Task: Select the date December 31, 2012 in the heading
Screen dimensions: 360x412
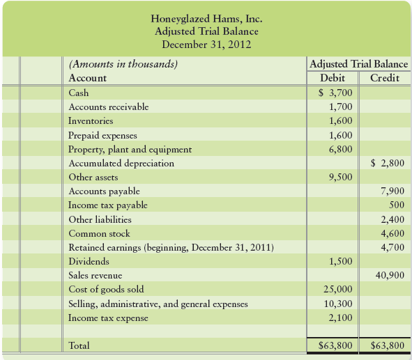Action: coord(206,45)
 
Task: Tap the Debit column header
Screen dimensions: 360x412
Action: coord(333,78)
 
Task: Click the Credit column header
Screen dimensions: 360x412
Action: coord(384,78)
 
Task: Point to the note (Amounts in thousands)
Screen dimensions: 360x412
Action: coord(123,64)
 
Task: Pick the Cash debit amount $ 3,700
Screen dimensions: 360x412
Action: coord(335,93)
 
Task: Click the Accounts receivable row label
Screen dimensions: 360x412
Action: coord(108,107)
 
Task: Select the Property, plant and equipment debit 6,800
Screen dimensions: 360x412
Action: coord(339,149)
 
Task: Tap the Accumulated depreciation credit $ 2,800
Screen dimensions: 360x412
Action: coord(388,163)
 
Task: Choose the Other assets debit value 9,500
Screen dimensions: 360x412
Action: coord(339,177)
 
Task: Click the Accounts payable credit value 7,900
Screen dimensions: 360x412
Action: coord(392,191)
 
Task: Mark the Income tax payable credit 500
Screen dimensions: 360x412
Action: coord(397,205)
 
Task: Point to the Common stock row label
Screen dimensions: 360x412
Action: coord(99,233)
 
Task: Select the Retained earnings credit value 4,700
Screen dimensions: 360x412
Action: coord(392,247)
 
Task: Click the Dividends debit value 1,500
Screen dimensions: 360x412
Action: coord(339,261)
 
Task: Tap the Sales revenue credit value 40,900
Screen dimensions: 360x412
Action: coord(390,275)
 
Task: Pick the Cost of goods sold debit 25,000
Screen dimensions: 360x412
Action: coord(338,290)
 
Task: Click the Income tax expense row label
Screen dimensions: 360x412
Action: coord(107,318)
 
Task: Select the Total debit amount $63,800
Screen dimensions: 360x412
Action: coord(335,345)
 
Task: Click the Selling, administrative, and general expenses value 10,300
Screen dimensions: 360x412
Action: coord(338,304)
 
